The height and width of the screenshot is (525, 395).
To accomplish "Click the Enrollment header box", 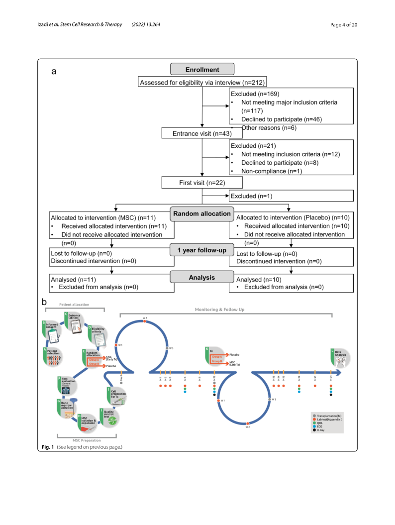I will coord(202,70).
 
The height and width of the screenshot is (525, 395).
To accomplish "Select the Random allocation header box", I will coord(202,214).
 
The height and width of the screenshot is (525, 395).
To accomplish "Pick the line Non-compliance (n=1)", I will coord(274,171).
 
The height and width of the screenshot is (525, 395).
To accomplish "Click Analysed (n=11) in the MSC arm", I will coord(73,280).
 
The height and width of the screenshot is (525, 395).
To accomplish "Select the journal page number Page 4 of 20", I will coord(344,24).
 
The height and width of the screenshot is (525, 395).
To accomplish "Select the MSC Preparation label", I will coord(87,440).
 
